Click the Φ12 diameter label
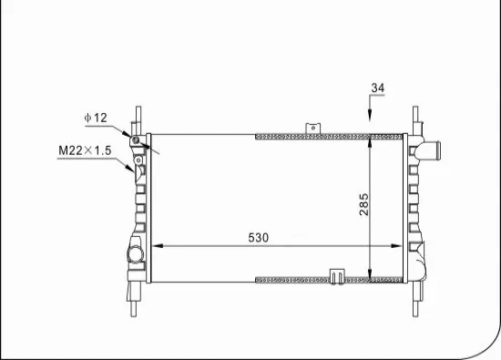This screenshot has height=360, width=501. (96, 118)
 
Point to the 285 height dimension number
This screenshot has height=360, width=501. (363, 205)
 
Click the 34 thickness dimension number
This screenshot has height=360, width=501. (377, 87)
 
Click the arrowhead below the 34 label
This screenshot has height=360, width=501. (371, 116)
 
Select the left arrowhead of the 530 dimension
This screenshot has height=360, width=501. (155, 246)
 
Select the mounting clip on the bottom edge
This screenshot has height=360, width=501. (335, 275)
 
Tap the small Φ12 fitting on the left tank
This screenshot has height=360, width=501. (136, 139)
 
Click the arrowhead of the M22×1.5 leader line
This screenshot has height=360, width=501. (134, 166)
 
